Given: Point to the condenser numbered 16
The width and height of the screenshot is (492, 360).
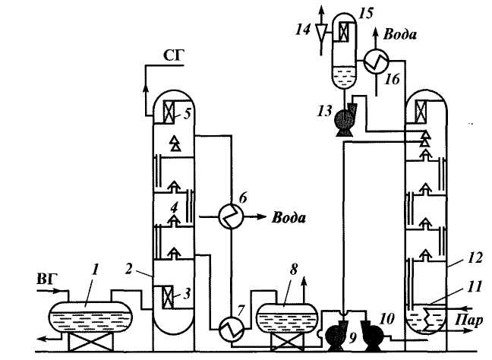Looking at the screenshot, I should point(377,64).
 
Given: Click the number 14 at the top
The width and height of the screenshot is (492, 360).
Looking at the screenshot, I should point(304,30).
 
